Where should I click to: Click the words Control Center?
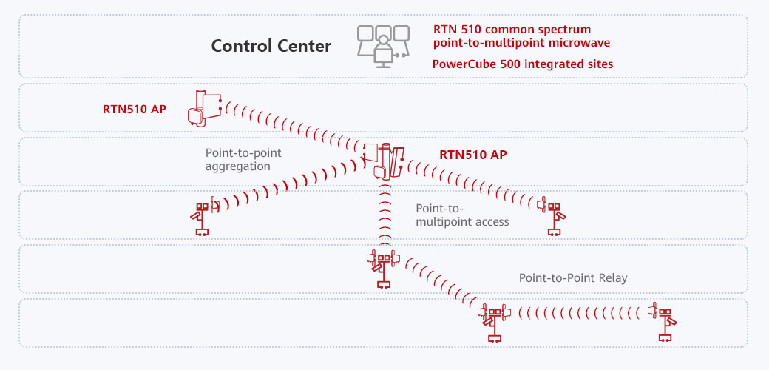[x=271, y=46]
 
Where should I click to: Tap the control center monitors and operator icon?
[x=382, y=46]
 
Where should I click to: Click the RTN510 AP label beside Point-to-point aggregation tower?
[x=472, y=155]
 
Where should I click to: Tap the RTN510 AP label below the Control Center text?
[x=135, y=110]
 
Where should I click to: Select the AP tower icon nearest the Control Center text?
[x=204, y=108]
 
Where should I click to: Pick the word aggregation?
[x=237, y=166]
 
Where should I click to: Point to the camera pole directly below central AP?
[x=383, y=270]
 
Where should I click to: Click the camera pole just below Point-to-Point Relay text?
[x=494, y=322]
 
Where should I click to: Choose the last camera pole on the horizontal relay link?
[x=664, y=322]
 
